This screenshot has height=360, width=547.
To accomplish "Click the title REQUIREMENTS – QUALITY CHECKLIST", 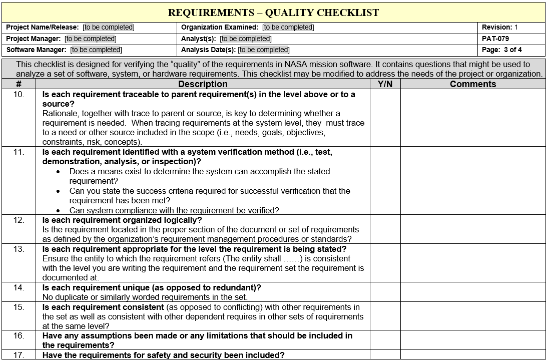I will pos(273,13).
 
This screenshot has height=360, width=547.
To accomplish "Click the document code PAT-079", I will pos(495,39).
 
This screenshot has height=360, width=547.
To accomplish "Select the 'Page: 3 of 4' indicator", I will pos(502,50).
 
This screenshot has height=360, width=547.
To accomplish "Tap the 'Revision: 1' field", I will pos(500,28).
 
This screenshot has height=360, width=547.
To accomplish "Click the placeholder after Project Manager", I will pos(90,39).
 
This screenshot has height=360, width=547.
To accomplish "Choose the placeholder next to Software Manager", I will pos(96,50).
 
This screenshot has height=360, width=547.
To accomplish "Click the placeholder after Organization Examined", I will pos(288,28).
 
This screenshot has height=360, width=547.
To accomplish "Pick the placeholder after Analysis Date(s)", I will pos(264,50).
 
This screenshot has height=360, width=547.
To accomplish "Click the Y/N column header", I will pos(385,84).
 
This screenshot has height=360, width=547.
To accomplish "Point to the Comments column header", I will pos(472,84).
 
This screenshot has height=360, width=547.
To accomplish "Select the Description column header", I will pos(203,84).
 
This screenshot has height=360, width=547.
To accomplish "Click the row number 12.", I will pos(19,220).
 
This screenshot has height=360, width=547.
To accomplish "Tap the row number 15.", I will pos(19,307).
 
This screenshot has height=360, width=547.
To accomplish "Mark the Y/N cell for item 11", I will pos(385,181).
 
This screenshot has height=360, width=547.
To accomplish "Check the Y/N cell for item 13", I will pos(385,263).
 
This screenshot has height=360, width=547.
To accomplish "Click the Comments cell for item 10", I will pos(472,118).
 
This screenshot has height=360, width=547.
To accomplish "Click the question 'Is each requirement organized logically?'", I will pos(122,220).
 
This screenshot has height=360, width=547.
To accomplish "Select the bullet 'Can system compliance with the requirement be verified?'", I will pos(174,210).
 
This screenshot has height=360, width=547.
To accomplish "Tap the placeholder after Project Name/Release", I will pos(109,28).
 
